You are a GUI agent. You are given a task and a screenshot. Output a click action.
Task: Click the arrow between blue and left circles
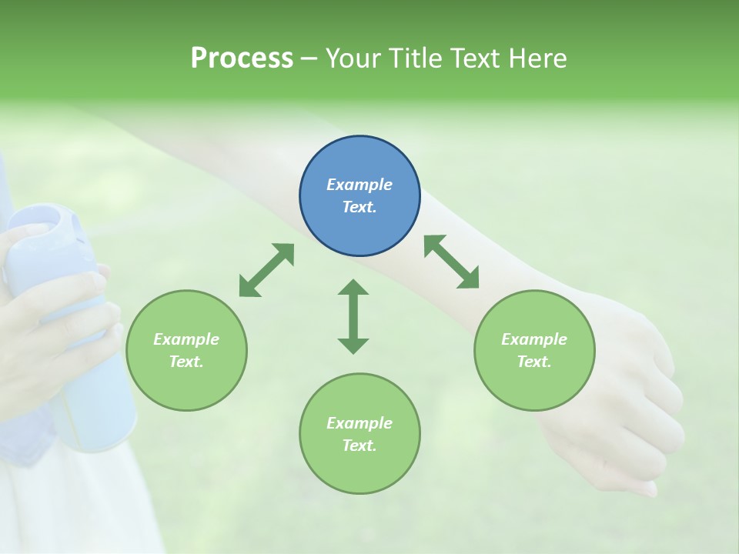266,270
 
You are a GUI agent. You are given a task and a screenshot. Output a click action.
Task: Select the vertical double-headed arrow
353,316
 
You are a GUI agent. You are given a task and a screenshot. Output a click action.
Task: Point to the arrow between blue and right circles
451,262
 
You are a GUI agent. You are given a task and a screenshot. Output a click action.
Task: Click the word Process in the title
242,58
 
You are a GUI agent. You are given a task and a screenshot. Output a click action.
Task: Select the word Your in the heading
354,58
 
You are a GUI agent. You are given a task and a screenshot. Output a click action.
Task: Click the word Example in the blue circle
359,185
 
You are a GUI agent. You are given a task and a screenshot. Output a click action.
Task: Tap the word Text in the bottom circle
358,446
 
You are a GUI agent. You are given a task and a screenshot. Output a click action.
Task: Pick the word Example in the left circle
186,339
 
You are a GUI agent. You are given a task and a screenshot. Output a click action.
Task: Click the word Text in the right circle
533,362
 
